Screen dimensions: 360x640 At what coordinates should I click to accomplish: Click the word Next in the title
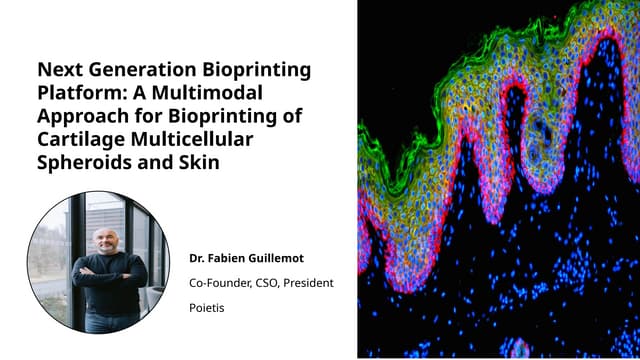[57, 71]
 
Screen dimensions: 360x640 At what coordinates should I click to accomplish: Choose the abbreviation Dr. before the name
[197, 258]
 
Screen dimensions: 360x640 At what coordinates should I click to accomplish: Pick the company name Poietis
[208, 308]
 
